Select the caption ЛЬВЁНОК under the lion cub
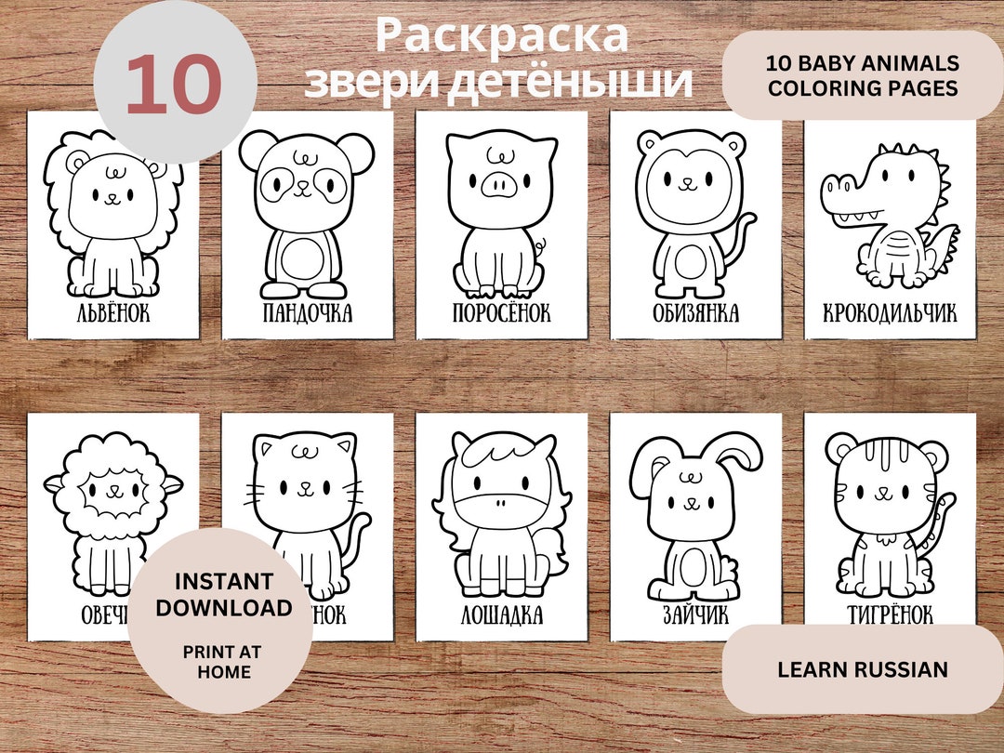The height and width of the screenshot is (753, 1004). (113, 313)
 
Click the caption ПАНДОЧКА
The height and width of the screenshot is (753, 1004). (308, 313)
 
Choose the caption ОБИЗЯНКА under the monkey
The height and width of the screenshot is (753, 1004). (695, 313)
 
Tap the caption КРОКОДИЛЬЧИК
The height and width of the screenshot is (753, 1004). (890, 313)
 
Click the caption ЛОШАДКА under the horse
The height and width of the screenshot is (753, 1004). (501, 615)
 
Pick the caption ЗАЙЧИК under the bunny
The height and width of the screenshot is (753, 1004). (695, 615)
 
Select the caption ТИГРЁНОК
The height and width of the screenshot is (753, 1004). (890, 615)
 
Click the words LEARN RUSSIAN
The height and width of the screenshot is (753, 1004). (863, 669)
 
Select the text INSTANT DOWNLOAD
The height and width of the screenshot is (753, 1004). (223, 595)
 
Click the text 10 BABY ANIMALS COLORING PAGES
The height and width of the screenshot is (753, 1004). (863, 74)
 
